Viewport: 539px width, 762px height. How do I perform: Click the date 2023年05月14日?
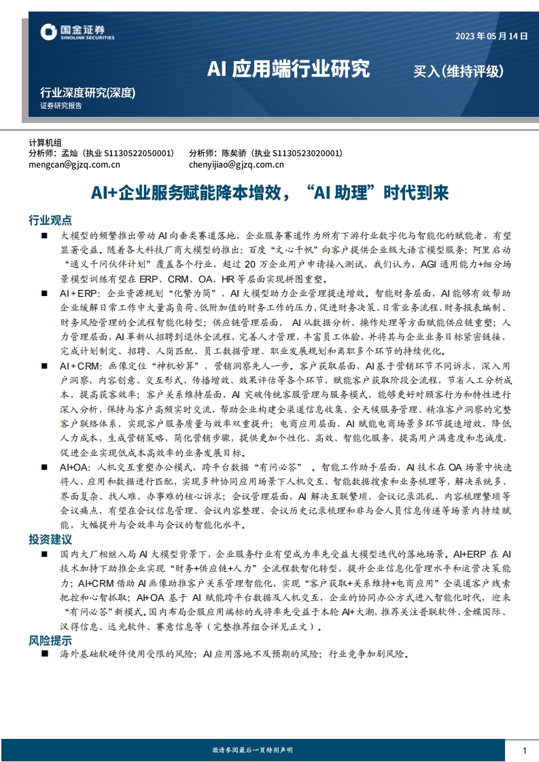[491, 37]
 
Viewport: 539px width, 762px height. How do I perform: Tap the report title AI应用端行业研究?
[288, 69]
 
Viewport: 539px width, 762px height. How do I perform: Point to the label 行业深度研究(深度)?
[88, 93]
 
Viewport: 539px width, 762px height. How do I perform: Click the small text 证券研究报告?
[60, 106]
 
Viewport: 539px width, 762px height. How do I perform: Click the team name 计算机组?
[45, 143]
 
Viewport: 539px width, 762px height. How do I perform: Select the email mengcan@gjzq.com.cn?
[74, 164]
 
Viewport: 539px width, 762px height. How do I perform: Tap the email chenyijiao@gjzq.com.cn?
[237, 164]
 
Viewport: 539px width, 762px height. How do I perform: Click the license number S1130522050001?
[141, 153]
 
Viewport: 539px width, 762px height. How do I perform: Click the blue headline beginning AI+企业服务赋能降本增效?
[270, 193]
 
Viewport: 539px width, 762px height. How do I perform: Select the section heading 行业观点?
[50, 220]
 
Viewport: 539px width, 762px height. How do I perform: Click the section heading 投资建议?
[50, 539]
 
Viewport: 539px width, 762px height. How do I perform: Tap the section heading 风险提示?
[50, 640]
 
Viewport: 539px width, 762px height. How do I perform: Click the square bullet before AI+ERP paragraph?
[44, 293]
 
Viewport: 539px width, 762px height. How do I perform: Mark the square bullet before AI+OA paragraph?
[44, 467]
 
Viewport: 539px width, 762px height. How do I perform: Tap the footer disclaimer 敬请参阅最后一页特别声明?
[252, 750]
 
